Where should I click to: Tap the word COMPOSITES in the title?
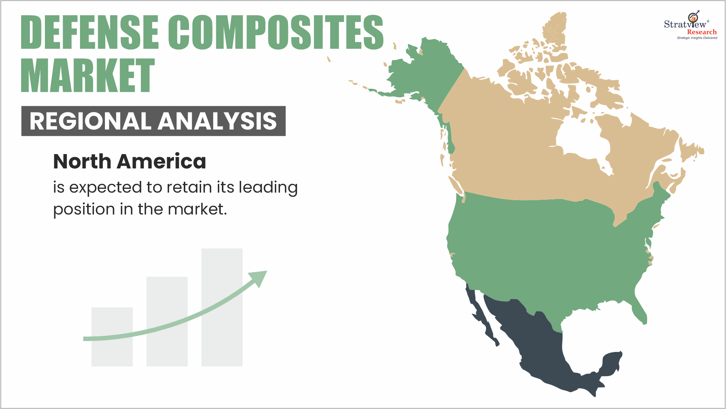click(x=276, y=32)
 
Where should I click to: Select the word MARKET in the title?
click(x=88, y=75)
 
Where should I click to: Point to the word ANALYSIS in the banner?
click(x=217, y=121)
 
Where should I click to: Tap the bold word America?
click(x=162, y=161)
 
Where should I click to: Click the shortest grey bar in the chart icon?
click(x=112, y=337)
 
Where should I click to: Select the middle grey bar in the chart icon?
click(x=167, y=321)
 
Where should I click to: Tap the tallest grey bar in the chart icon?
click(x=222, y=307)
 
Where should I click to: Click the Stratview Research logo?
click(x=691, y=25)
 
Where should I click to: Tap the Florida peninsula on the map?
click(x=639, y=310)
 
